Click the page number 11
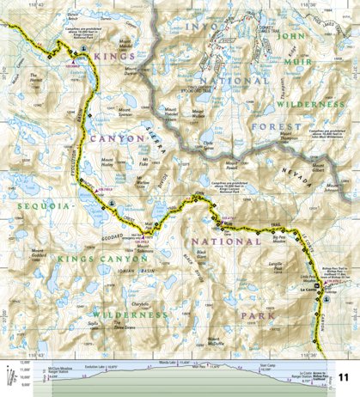tap(344, 377)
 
